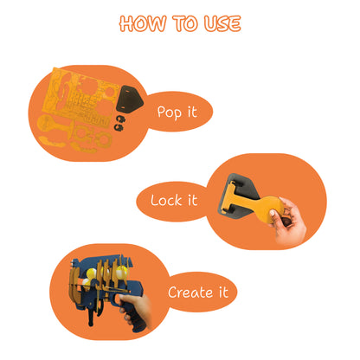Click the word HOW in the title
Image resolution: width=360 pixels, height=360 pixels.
pos(143,23)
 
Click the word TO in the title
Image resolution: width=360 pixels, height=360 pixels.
pos(185,23)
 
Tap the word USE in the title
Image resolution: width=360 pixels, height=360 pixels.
pos(222,23)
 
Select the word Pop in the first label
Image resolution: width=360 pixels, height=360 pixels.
pos(170,112)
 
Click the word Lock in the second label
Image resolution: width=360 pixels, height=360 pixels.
pos(166,200)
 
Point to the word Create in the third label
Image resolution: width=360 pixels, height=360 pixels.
pos(190,292)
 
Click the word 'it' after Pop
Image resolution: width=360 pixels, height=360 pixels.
pos(192,112)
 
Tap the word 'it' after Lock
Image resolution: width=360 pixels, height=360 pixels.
pos(192,200)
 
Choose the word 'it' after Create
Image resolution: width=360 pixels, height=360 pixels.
pos(223,292)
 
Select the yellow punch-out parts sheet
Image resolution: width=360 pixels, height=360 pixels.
pos(80,97)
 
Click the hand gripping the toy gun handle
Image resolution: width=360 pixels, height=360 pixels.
pos(137,310)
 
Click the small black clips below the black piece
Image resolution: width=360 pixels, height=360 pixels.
pos(119,123)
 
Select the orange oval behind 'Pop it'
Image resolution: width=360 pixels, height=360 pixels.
pos(179,112)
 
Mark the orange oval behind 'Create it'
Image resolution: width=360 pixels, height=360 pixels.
pos(202,292)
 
